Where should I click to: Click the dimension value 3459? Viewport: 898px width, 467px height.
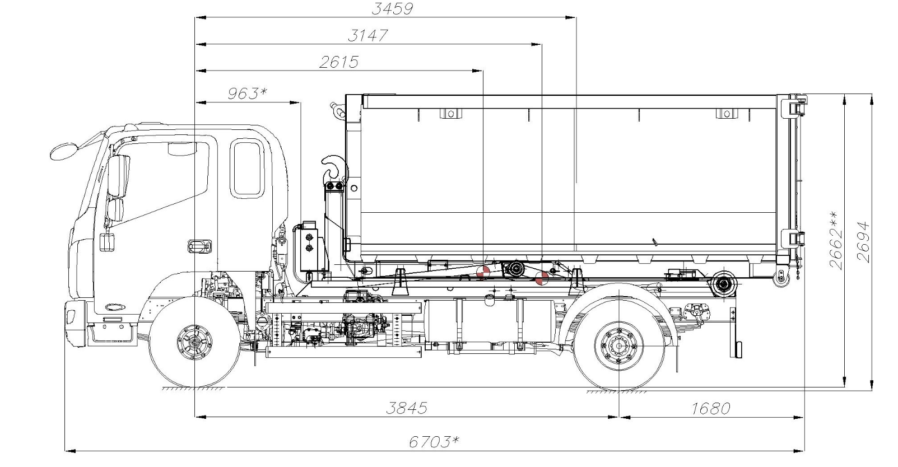click(x=392, y=9)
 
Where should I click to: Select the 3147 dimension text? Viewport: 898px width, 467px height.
click(x=367, y=36)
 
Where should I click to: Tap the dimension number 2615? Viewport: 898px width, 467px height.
click(x=339, y=62)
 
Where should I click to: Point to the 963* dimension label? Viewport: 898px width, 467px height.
click(x=247, y=94)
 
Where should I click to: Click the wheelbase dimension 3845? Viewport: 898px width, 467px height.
click(x=407, y=408)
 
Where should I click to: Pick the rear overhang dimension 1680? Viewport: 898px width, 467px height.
click(x=711, y=408)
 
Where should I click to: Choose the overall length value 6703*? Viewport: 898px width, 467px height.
click(x=434, y=442)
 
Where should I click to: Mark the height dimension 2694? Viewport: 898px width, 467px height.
click(x=864, y=242)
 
